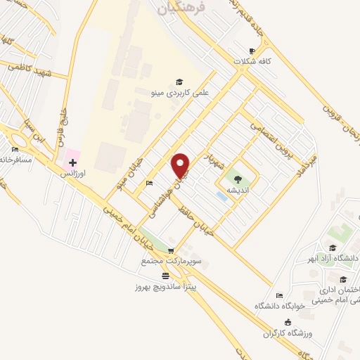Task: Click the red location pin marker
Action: tap(181, 166)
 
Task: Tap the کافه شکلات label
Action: tap(268, 61)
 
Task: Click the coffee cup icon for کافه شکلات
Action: tap(252, 51)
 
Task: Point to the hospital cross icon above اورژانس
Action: tap(72, 162)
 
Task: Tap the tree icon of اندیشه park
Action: tap(236, 181)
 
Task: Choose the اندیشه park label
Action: tap(236, 191)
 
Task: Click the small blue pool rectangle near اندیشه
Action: tap(222, 197)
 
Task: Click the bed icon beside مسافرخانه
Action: tap(15, 150)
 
